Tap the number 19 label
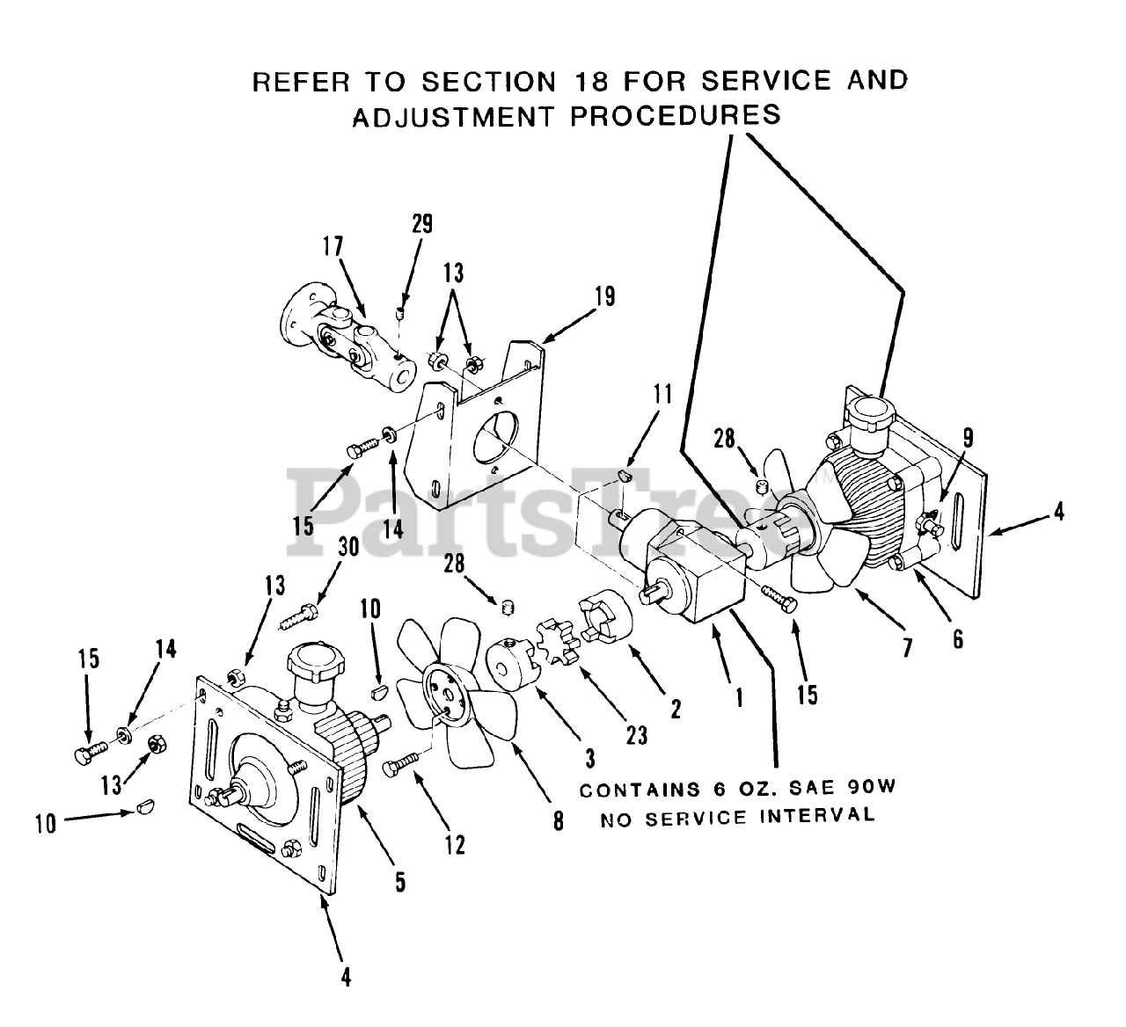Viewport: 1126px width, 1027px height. pyautogui.click(x=605, y=295)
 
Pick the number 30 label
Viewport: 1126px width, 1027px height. pyautogui.click(x=347, y=547)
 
